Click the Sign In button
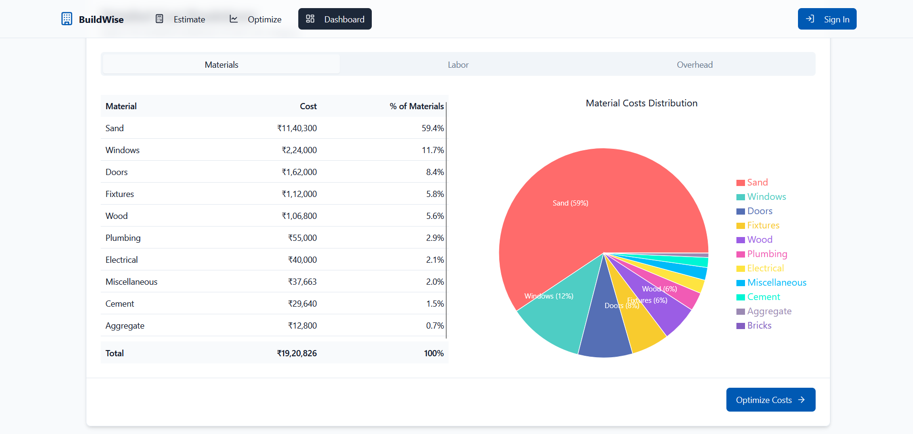coord(827,19)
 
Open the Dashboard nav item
coord(335,19)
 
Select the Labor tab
coord(458,65)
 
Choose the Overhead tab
coord(694,65)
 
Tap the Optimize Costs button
coord(770,400)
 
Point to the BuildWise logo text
coord(101,20)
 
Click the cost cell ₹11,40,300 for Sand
coord(297,128)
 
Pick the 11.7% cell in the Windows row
coord(432,150)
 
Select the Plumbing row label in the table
coord(123,238)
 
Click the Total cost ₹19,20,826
coord(297,353)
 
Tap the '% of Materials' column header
coord(416,106)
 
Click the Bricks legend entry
coord(759,326)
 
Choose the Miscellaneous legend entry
coord(777,283)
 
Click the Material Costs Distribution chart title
coord(641,103)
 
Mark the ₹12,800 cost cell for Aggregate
coord(302,326)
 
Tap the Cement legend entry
coord(763,297)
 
